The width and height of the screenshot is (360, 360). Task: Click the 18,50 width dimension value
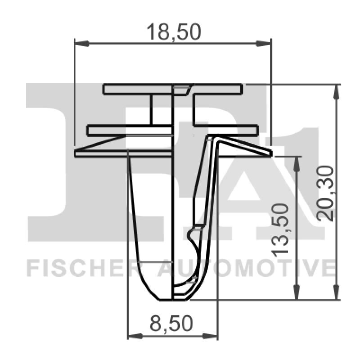pyautogui.click(x=173, y=32)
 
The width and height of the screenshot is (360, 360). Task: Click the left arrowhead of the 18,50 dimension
pyautogui.click(x=80, y=44)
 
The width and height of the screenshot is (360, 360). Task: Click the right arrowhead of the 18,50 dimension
pyautogui.click(x=265, y=44)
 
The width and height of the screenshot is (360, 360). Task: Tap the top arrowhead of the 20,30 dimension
pyautogui.click(x=336, y=90)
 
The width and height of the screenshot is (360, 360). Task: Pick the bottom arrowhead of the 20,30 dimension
pyautogui.click(x=336, y=293)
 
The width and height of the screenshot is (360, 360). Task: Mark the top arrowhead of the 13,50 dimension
pyautogui.click(x=297, y=162)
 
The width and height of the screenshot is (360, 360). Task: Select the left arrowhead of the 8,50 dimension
pyautogui.click(x=134, y=336)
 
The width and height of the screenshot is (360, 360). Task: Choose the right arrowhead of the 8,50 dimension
pyautogui.click(x=212, y=336)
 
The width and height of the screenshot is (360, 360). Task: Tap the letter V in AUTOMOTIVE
pyautogui.click(x=306, y=269)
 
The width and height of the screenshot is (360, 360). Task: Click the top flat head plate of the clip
pyautogui.click(x=135, y=89)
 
